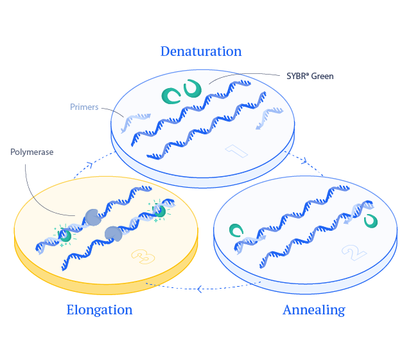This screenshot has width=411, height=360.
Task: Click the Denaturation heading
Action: [x=201, y=51]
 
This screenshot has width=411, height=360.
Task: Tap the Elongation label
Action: [x=100, y=310]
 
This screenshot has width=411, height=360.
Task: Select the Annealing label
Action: [x=313, y=310]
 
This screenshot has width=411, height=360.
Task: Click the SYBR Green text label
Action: [x=310, y=76]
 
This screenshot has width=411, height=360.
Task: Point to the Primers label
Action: [x=84, y=107]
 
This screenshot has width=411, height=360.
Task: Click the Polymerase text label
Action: [x=31, y=152]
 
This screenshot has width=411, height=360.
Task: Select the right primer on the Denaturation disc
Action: [x=270, y=118]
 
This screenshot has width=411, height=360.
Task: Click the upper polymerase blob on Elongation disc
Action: [x=92, y=217]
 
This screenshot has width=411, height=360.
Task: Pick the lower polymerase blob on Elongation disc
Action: [x=114, y=234]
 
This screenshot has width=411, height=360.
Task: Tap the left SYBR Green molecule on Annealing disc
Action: [x=237, y=230]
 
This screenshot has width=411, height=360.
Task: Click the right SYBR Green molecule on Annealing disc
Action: [x=371, y=221]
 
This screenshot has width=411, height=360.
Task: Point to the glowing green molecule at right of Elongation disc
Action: [x=159, y=211]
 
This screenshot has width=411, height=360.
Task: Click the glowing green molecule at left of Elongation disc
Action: [x=66, y=235]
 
